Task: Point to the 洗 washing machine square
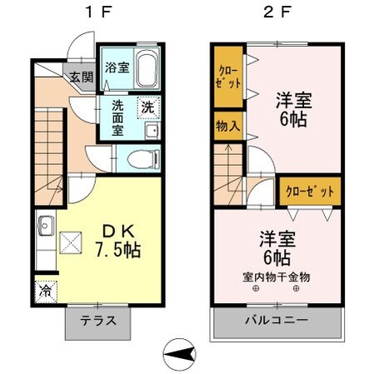[147, 107]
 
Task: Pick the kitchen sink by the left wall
[45, 225]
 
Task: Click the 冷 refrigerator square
[44, 292]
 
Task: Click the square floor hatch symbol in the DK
[72, 243]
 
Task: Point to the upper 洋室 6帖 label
[295, 108]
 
